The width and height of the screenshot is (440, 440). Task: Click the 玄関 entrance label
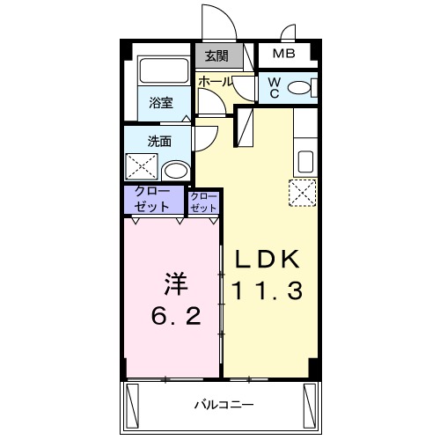point(216,55)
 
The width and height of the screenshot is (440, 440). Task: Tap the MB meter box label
point(283,55)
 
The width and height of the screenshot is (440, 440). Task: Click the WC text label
point(274,87)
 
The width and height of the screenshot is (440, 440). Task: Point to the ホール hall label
point(215,81)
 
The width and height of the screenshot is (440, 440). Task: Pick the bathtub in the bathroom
point(160,72)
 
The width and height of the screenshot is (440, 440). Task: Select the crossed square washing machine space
point(141,165)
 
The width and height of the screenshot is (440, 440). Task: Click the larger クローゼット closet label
point(154,198)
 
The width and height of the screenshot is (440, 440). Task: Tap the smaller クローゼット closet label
point(203,202)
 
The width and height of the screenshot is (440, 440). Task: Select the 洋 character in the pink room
point(173,283)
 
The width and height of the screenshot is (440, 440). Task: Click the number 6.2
point(172,312)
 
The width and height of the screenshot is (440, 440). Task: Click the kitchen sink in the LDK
point(304,162)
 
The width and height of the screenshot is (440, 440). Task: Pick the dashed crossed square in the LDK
point(303,191)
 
